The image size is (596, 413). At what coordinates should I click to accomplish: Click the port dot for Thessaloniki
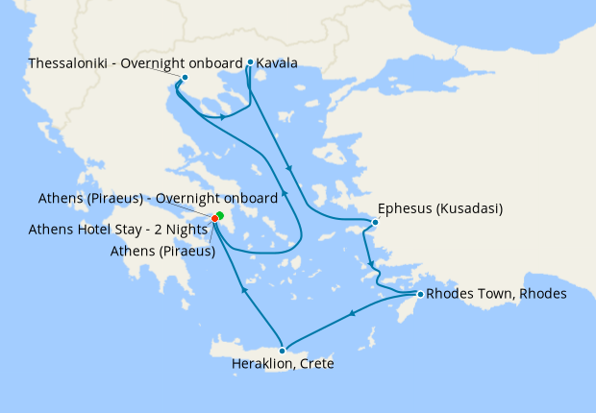[185, 77]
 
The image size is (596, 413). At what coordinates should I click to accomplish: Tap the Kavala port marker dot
[250, 62]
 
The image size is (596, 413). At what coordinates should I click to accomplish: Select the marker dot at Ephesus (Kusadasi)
[375, 223]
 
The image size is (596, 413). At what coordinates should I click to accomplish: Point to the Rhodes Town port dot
[420, 293]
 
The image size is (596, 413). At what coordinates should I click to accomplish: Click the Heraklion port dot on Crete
[282, 351]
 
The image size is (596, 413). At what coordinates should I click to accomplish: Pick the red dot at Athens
[214, 218]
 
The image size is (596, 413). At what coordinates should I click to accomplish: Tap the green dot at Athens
[220, 214]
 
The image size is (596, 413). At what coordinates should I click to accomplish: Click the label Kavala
[277, 63]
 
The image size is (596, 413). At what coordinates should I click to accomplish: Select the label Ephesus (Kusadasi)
[441, 207]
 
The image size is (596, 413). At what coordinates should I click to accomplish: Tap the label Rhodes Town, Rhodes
[496, 293]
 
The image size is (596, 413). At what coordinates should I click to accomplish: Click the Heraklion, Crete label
[283, 364]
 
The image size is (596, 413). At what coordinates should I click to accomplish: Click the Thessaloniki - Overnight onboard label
[136, 63]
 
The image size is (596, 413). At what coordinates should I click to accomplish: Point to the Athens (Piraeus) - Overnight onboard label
[158, 198]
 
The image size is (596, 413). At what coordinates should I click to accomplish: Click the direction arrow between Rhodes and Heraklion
[354, 313]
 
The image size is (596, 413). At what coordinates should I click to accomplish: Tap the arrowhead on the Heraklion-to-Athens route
[243, 289]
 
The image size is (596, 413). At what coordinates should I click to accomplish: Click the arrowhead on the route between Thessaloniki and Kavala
[223, 117]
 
